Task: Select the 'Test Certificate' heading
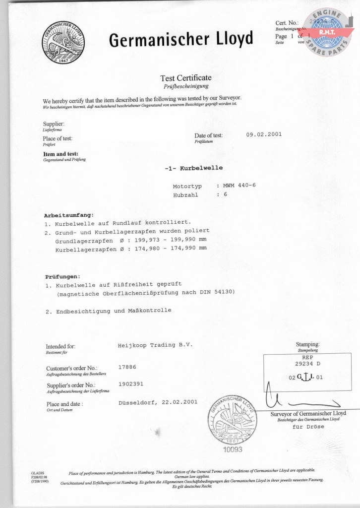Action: tap(185, 78)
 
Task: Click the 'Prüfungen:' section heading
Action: tap(62, 276)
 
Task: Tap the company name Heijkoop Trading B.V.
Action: tap(155, 344)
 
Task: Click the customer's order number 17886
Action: tap(127, 367)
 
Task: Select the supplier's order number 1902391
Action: tap(131, 384)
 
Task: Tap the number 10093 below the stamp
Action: tap(233, 449)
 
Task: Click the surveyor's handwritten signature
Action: tap(298, 399)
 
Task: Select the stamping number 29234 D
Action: tap(304, 364)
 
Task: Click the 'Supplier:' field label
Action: tap(54, 124)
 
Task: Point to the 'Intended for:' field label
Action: tap(60, 346)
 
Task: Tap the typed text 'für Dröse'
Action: tap(308, 427)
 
